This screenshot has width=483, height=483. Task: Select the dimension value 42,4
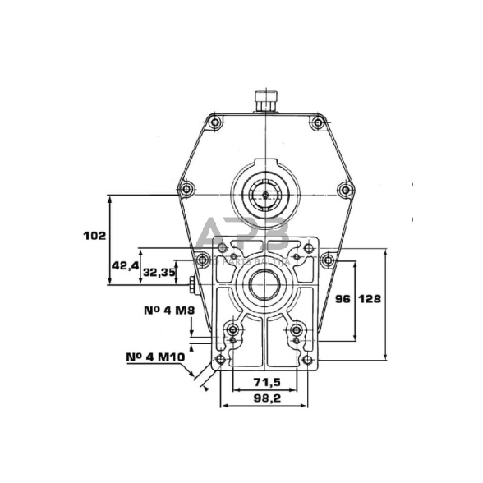[x=122, y=266]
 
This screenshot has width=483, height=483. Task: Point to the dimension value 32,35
[x=159, y=272]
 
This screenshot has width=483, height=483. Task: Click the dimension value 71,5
[x=266, y=383]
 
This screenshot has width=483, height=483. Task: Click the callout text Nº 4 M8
[x=152, y=312]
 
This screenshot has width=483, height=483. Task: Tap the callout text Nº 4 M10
[x=154, y=358]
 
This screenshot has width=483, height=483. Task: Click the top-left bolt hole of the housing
[x=214, y=122]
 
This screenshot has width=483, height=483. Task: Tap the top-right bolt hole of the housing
[x=317, y=122]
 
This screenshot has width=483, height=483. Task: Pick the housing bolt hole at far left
[x=186, y=189]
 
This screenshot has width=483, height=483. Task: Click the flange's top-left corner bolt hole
[x=221, y=246]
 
